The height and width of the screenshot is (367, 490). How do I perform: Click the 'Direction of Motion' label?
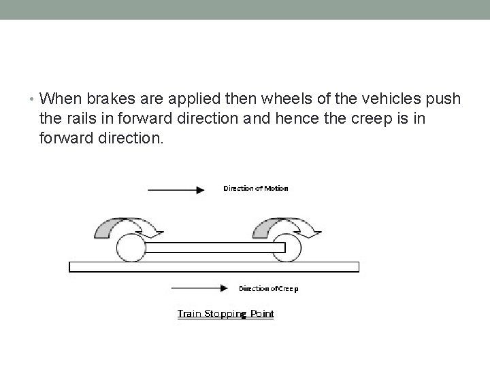(256, 188)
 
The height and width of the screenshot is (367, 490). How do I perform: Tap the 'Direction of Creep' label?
(268, 288)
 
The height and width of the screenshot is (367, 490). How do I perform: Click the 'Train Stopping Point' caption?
(225, 313)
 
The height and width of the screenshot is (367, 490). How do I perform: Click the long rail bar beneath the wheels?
(214, 266)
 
